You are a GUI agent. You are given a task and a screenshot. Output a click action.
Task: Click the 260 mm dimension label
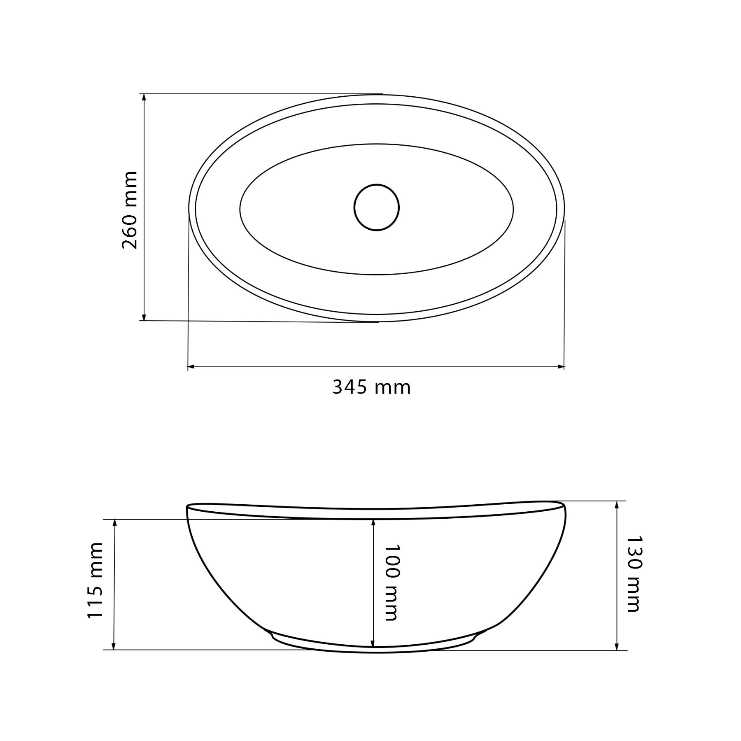130,210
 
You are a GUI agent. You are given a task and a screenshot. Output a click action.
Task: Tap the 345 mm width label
371,387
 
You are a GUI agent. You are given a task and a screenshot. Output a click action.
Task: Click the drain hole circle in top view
376,207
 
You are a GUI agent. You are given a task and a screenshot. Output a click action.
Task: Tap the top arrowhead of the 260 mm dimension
144,97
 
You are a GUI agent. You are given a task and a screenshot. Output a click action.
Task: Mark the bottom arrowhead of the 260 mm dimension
144,317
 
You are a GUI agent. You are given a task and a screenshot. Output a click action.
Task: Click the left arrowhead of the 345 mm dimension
191,366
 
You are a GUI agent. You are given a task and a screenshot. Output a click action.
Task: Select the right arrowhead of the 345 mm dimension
561,366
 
